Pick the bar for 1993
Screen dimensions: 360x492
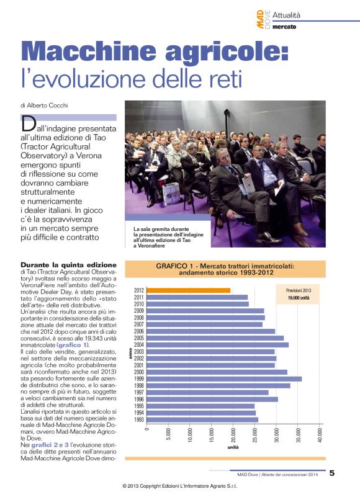coord(203,420)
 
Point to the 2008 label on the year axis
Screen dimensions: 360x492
coord(139,318)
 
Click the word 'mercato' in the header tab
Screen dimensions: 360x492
coord(284,27)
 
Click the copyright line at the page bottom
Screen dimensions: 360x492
coord(180,486)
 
